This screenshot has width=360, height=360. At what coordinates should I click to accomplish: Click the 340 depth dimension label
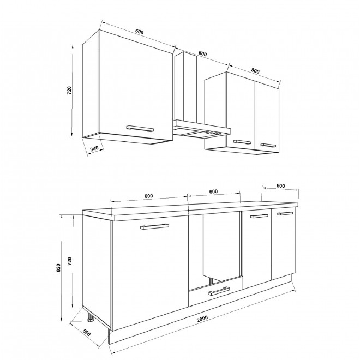point(94,148)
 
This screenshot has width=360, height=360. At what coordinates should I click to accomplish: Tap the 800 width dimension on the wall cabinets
point(255,71)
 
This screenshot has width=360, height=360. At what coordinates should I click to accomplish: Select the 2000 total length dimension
point(202,319)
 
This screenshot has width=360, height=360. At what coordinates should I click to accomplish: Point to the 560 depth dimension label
point(87,333)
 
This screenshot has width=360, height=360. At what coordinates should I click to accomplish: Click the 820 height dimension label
point(58,268)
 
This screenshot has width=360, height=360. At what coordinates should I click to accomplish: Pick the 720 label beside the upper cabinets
point(69,90)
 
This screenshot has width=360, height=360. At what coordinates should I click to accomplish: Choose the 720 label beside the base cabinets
point(70,261)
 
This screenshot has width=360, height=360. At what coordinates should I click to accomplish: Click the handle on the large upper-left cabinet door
point(140,129)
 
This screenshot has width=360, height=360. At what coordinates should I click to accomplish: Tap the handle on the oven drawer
point(219,291)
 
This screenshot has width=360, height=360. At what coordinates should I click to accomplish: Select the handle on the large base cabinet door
point(154,226)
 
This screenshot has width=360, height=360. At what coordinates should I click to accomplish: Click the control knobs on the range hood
point(213,133)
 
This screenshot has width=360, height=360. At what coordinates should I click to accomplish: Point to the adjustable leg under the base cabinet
point(90,318)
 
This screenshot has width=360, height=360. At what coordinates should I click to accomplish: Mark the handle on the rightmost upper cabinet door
point(268,145)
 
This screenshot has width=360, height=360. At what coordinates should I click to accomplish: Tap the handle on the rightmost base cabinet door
point(285,213)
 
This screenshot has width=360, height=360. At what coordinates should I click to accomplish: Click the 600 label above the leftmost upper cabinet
point(139,32)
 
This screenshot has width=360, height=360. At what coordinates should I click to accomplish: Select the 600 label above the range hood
point(202,53)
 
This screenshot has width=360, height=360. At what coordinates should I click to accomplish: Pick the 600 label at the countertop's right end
point(280,185)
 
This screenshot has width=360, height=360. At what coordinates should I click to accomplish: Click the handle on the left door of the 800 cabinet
point(242,142)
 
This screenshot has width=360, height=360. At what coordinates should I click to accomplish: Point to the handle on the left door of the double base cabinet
point(259,216)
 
